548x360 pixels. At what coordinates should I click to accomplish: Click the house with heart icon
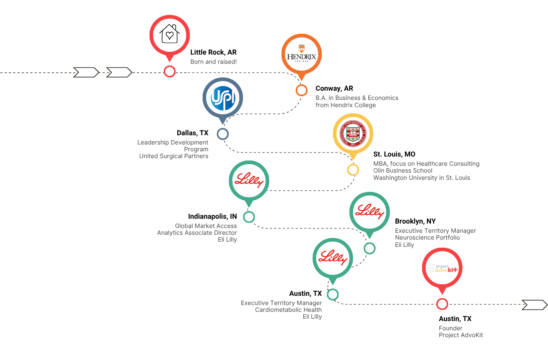[x=169, y=34]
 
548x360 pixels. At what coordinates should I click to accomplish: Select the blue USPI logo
[x=223, y=98]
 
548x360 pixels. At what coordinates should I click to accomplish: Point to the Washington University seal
[x=353, y=134]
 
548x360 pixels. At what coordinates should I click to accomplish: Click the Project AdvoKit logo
[x=442, y=268]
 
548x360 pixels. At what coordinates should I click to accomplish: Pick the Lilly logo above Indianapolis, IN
[x=249, y=180]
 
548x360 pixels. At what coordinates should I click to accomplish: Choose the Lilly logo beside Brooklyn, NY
[x=369, y=212]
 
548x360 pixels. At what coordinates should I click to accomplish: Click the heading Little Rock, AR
[x=213, y=52]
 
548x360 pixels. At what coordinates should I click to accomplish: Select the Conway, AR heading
[x=334, y=88]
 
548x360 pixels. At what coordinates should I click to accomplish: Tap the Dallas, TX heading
[x=193, y=133]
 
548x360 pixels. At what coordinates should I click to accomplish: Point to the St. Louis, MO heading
[x=394, y=154]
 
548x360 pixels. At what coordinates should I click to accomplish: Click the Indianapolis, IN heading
[x=213, y=216]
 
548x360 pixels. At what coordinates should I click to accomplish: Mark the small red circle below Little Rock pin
[x=170, y=72]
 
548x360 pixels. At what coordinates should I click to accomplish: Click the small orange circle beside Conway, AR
[x=302, y=90]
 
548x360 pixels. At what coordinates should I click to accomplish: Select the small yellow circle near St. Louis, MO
[x=353, y=170]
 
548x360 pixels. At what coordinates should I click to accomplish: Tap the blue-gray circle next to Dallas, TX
[x=223, y=134]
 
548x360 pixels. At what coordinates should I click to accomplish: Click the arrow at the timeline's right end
[x=534, y=305]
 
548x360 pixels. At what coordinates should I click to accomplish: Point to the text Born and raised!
[x=213, y=62]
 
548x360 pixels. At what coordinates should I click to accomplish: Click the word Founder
[x=451, y=328]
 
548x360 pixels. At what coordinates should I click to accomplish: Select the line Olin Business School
[x=403, y=171]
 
